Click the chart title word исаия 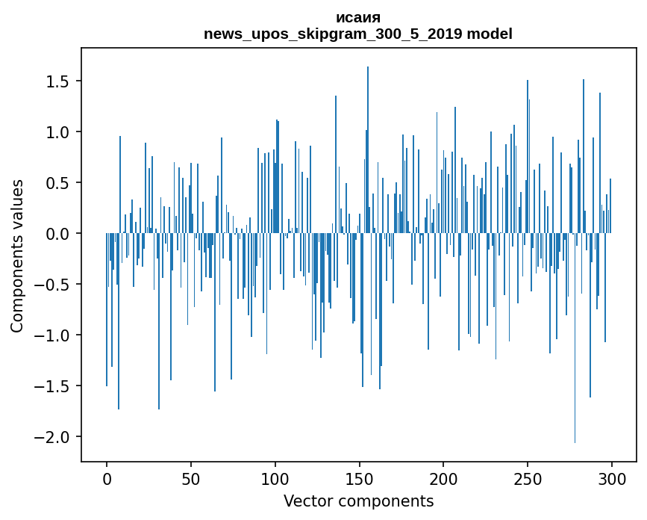point(358,18)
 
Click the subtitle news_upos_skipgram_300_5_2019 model point(358,34)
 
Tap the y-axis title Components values point(17,256)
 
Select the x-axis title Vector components point(358,501)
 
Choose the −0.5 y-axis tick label point(51,285)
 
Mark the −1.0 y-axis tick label point(51,335)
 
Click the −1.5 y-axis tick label point(51,386)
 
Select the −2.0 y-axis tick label point(51,437)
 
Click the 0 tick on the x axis point(107,478)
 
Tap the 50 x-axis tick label point(191,478)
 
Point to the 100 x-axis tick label point(275,478)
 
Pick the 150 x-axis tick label point(360,478)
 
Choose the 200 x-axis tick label point(443,478)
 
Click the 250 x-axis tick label point(528,478)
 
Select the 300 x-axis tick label point(612,478)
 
